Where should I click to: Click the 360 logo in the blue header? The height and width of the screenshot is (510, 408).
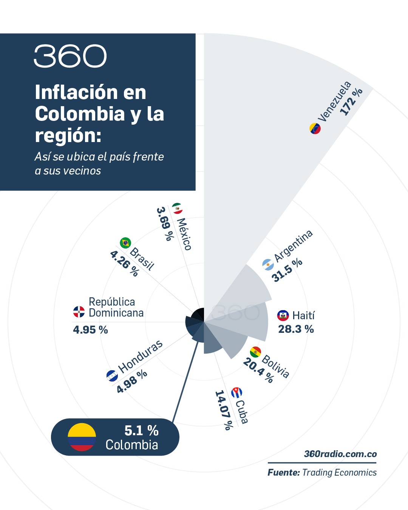(70, 56)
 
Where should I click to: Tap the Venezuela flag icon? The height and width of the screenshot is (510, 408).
(315, 128)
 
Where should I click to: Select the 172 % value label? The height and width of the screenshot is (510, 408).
(351, 101)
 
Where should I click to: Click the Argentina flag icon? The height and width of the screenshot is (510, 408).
(268, 264)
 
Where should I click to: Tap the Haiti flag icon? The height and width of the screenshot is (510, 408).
(283, 315)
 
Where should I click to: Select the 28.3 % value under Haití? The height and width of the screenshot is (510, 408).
(296, 329)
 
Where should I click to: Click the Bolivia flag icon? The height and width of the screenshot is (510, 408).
(255, 352)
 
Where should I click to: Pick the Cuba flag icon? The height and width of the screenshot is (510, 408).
(236, 393)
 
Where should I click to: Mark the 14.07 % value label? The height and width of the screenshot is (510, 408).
(223, 410)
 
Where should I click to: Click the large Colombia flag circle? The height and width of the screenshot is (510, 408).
(82, 437)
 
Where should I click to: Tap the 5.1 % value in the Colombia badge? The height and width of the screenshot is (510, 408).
(141, 430)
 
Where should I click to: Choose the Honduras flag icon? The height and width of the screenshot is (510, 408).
(112, 376)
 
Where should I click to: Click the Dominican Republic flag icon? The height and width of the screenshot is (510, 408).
(79, 312)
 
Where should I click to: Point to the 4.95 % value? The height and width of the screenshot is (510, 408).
(90, 330)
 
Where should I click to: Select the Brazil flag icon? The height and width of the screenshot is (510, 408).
(125, 243)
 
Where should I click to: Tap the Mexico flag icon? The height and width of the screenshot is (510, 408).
(177, 208)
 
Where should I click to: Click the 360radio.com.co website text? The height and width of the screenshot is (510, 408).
(340, 454)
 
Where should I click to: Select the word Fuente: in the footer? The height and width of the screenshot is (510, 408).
(284, 473)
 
